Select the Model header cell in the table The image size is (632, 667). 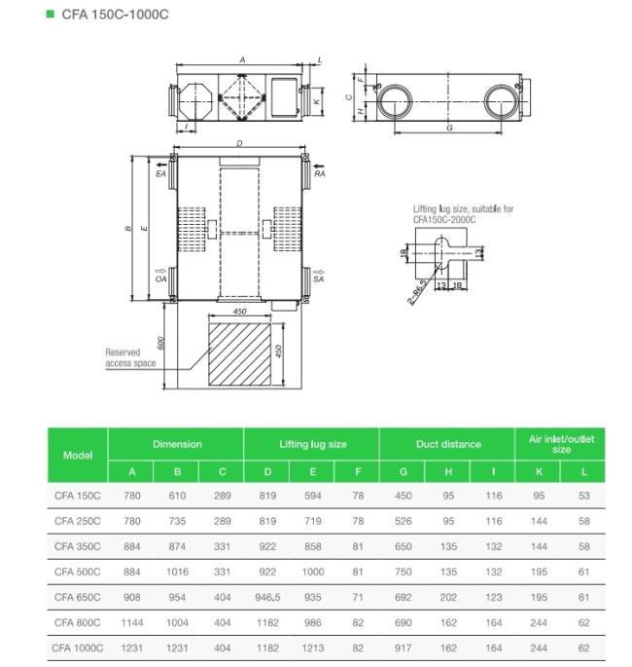point(78,455)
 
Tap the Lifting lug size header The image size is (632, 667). point(312,444)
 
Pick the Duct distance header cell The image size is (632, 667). point(448,444)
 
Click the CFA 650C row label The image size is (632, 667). point(78,594)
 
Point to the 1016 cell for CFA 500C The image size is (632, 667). point(178,572)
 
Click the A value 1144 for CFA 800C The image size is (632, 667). point(131,621)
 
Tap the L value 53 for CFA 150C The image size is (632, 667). point(583,496)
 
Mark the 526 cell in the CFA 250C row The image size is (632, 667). point(403,521)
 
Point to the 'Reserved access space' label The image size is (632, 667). point(130,357)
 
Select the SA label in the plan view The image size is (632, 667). point(318,279)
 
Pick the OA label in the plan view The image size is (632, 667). point(160,279)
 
